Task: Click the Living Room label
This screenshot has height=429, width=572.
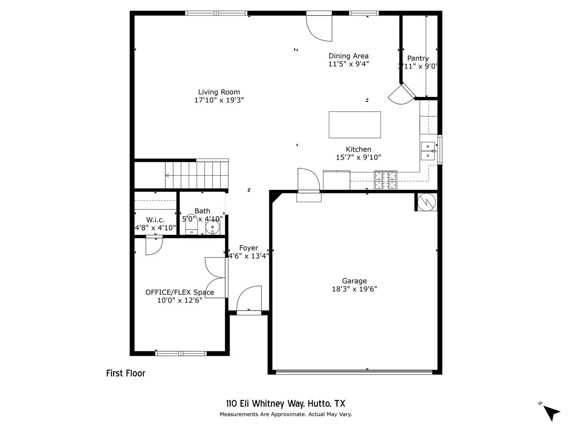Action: coord(219,92)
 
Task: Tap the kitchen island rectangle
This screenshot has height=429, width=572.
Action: coord(355,125)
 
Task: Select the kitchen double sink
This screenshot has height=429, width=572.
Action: coord(428,151)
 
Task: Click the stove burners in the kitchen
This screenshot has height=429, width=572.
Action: coord(385,180)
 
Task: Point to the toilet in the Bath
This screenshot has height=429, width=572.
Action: coord(191,226)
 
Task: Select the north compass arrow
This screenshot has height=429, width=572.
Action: coord(551,412)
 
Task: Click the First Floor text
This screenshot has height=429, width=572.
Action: coord(126,373)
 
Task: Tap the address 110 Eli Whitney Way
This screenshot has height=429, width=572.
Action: coord(286,404)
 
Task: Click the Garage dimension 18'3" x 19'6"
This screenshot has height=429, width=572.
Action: coord(354,289)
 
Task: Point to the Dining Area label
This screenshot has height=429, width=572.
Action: coord(348,56)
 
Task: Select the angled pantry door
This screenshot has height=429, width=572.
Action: coord(402,95)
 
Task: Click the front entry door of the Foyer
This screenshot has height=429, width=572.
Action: coord(249,300)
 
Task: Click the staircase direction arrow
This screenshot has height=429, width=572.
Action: coord(167,176)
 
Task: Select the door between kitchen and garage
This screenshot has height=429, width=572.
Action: coord(309,181)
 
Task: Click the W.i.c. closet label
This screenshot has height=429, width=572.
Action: coord(155,220)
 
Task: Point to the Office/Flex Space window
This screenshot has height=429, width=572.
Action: coord(181,353)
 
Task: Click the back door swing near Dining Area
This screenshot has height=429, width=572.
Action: coord(319,27)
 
